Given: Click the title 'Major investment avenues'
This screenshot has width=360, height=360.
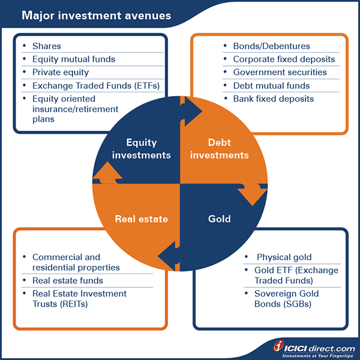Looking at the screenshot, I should (96, 14).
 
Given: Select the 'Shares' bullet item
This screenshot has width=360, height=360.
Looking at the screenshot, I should (47, 46).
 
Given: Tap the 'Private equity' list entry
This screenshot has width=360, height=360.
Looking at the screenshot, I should (61, 72).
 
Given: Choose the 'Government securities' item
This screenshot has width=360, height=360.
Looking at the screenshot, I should (280, 73).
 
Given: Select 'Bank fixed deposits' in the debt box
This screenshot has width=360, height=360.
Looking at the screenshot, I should (273, 99).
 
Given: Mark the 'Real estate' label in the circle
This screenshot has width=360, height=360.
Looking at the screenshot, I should (141, 219).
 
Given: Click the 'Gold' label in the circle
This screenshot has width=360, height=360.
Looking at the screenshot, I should (219, 219).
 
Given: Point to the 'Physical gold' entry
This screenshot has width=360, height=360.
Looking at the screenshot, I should (284, 257).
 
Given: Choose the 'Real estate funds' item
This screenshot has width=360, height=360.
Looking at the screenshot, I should (68, 280).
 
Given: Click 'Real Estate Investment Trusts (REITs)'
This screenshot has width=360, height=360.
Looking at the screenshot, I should (79, 299).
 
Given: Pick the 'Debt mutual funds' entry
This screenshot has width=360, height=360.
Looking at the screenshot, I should (271, 86).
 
